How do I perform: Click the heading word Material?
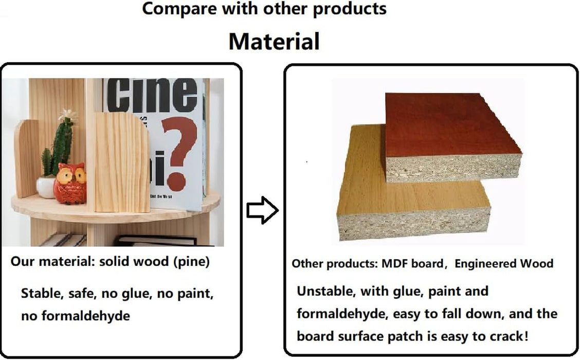tap(274, 41)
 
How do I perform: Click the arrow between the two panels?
tap(262, 210)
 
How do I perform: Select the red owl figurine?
tap(69, 184)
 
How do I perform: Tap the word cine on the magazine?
tap(152, 95)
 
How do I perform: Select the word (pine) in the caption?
tap(192, 262)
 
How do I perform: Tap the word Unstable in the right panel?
tap(326, 291)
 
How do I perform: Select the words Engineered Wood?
tap(504, 264)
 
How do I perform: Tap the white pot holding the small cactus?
tap(46, 187)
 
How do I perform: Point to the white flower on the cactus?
tap(68, 114)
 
